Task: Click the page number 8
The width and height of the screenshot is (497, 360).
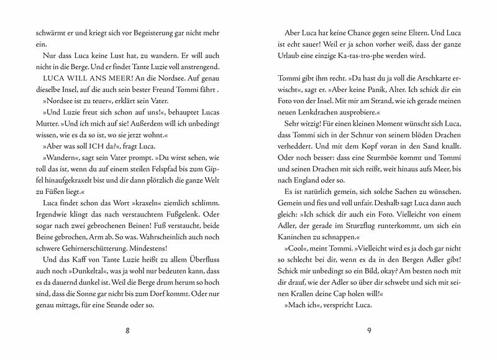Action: [x=127, y=331]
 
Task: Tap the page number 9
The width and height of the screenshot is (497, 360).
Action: [x=368, y=331]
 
